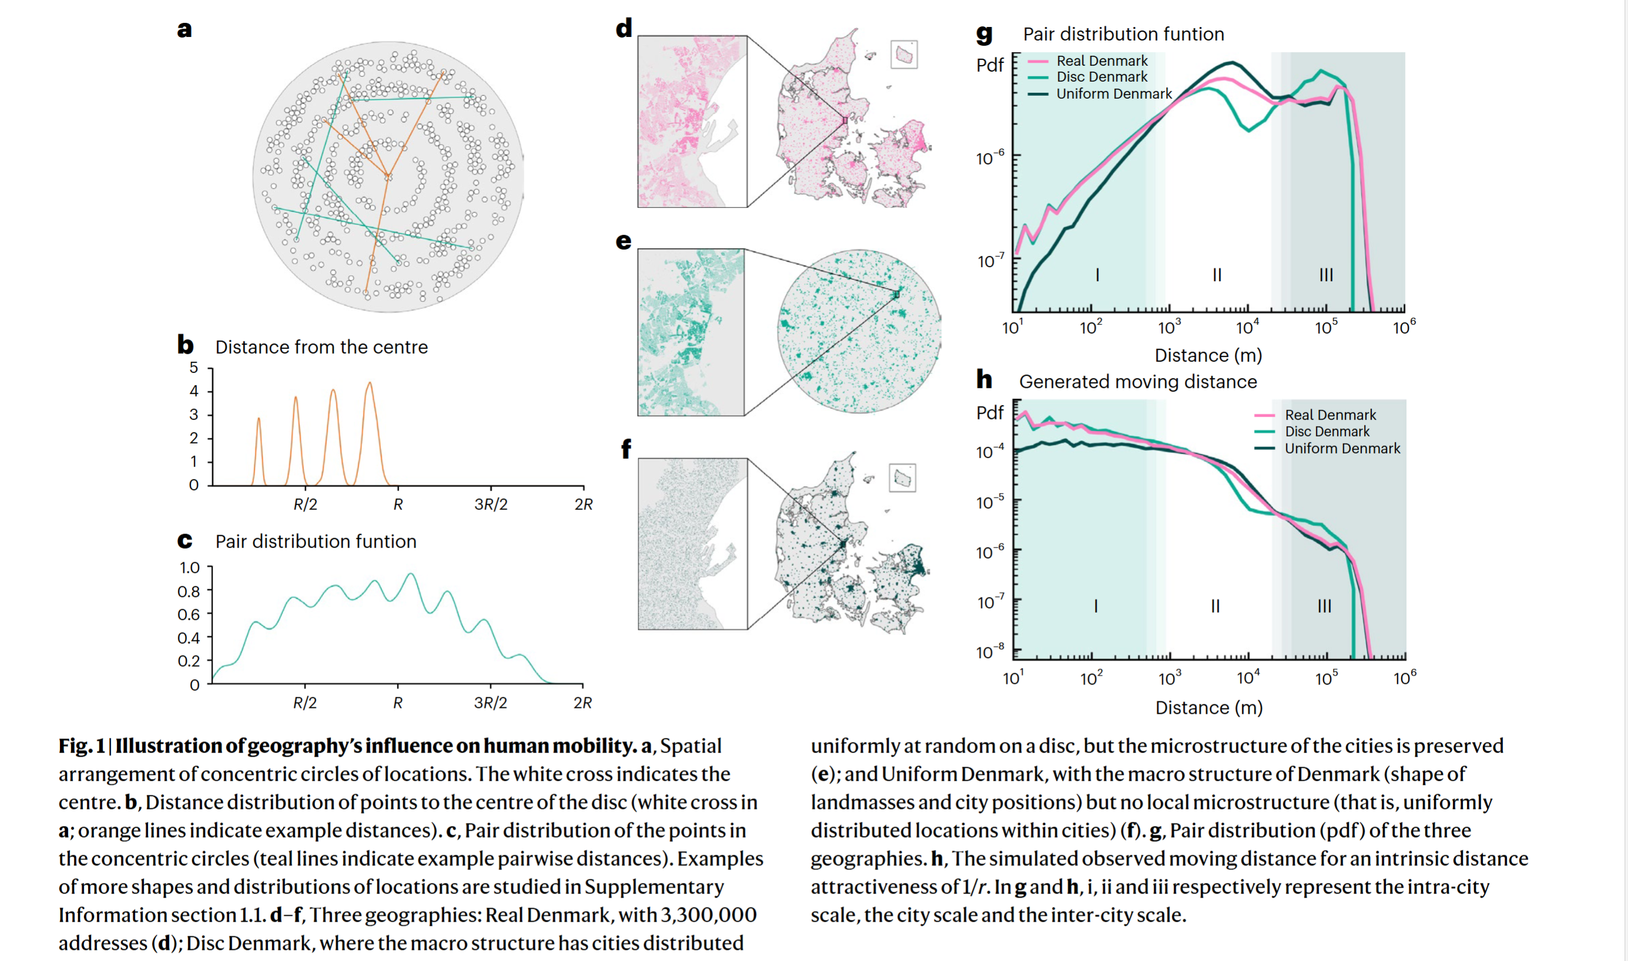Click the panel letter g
coord(983,33)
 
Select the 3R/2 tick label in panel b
coord(490,505)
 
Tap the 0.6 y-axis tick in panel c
coord(189,614)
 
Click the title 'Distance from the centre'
coord(321,347)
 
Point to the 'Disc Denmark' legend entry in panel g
coord(1101,76)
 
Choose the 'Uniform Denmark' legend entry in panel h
coord(1342,448)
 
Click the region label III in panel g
coord(1326,275)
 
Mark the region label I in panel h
coord(1096,606)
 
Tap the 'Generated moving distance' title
coord(1138,382)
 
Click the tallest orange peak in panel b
coord(370,384)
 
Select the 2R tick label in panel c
coord(582,703)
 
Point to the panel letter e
coord(623,241)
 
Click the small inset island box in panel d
coord(904,55)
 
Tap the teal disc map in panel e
coord(859,331)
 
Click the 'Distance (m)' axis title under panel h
coord(1209,708)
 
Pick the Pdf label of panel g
coord(990,65)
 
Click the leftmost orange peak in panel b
coord(259,419)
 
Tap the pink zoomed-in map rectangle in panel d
coord(692,122)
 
